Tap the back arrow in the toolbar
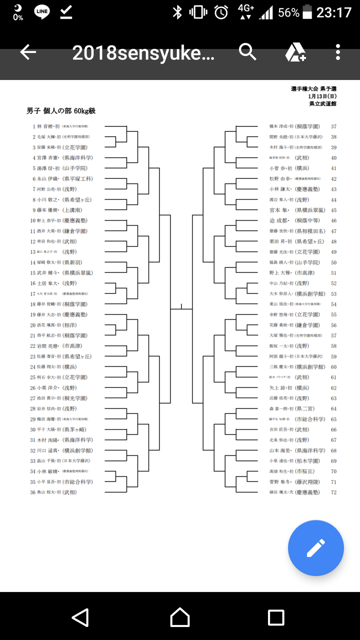coord(28,52)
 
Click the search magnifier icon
coord(247,51)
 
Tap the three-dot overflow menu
coord(338,52)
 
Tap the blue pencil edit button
coord(315,548)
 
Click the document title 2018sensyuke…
coord(143,52)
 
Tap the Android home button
coord(180,617)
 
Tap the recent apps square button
coord(276,617)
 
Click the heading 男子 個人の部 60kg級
coord(61,110)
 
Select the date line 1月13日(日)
coord(322,96)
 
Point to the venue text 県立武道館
coord(323,103)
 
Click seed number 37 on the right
coord(333,126)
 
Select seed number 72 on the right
coord(333,492)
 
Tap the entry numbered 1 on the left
coord(60,126)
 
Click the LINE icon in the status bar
coord(42,12)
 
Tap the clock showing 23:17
coord(334,12)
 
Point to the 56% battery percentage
coord(288,12)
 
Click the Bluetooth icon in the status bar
coord(177,12)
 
